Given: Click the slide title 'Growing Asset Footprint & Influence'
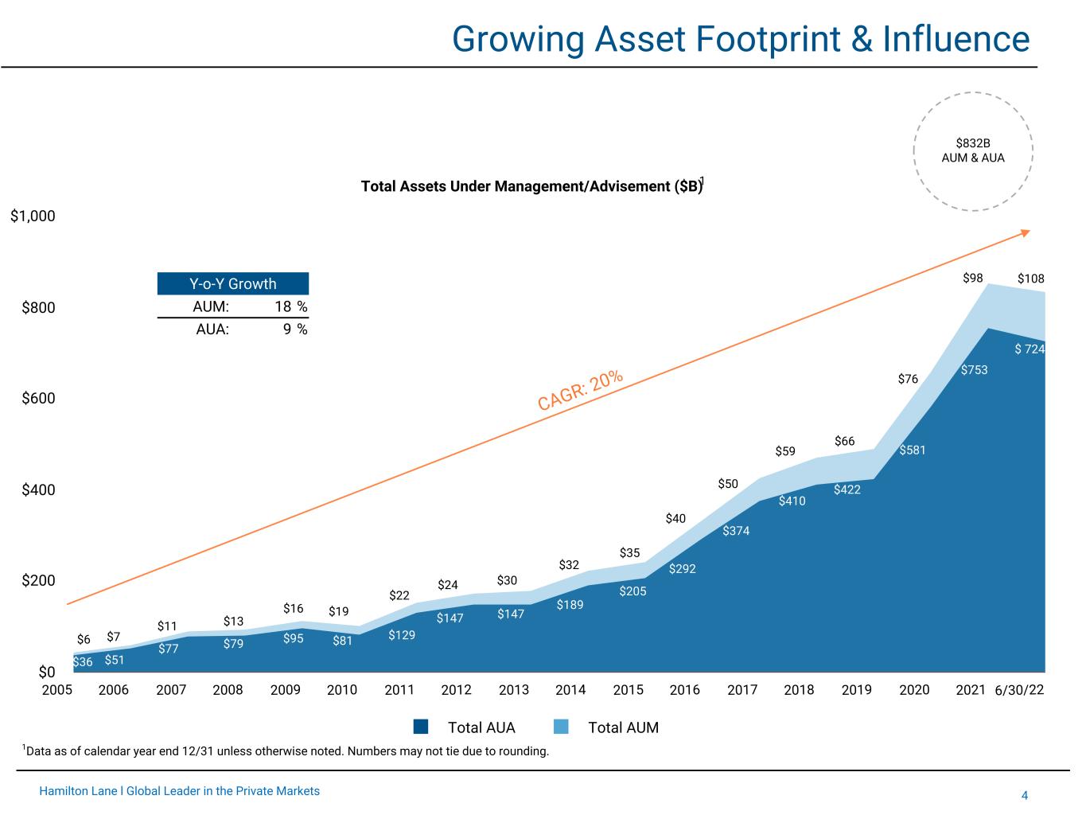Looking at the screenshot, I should click(740, 38).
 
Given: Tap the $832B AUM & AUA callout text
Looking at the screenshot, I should click(973, 150).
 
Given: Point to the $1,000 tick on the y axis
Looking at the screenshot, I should click(33, 216).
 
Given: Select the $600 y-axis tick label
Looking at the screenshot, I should click(38, 398).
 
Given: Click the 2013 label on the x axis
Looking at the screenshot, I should click(514, 689).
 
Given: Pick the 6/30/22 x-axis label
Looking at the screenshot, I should click(1019, 689).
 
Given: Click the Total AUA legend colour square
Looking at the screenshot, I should click(422, 727).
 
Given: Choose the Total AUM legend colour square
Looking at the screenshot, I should click(561, 727).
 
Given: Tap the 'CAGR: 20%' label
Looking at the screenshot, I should click(580, 390).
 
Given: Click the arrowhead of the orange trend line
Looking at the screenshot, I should click(1026, 232).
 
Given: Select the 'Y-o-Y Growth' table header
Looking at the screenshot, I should click(232, 284).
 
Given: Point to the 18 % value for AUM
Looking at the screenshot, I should click(291, 306).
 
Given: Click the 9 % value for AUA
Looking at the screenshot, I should click(295, 329).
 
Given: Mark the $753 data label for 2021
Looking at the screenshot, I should click(974, 370).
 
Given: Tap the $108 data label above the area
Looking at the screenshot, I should click(1030, 279).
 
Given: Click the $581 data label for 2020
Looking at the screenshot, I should click(913, 450).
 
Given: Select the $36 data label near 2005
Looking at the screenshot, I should click(83, 662).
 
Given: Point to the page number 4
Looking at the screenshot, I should click(1025, 795).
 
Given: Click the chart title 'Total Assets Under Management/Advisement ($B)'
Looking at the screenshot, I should click(531, 186).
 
